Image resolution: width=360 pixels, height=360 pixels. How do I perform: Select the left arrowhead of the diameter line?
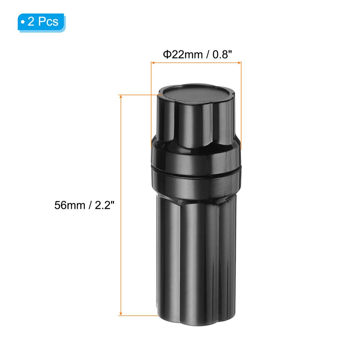153,62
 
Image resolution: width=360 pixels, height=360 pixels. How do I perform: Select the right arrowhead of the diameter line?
239,62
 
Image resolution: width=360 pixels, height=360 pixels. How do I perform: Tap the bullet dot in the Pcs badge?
23,22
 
